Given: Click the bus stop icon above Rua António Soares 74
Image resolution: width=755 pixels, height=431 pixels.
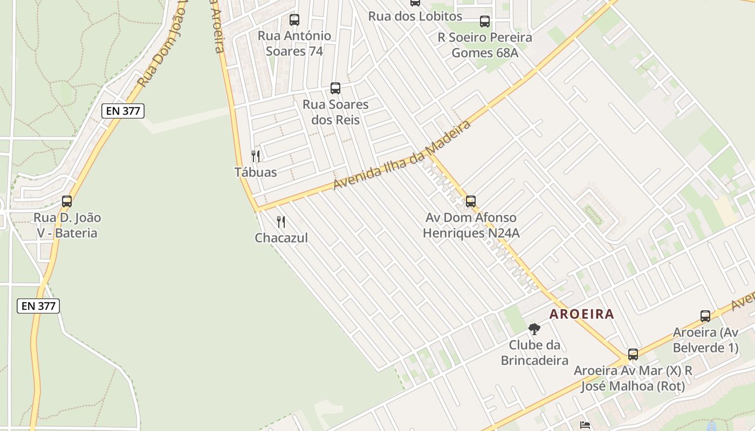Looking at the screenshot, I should [x=294, y=20].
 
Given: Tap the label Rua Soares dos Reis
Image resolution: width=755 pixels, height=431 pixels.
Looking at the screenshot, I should [x=335, y=112].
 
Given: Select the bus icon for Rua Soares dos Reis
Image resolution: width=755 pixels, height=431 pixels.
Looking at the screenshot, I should [x=335, y=88].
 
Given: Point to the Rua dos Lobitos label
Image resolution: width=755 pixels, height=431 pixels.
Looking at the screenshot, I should [x=415, y=16].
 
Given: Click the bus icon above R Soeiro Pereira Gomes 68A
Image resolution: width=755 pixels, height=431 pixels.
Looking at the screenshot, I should [x=485, y=22].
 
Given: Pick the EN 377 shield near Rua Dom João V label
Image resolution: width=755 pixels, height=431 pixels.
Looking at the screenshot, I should [x=123, y=112].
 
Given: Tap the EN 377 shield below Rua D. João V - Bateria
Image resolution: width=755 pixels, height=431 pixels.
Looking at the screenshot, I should [x=38, y=306].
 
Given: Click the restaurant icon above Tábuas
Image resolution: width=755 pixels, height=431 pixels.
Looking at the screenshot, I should [x=256, y=156].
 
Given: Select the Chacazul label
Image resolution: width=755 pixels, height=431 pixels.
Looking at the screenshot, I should [x=281, y=238].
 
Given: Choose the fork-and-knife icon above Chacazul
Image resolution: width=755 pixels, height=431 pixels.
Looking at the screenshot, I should [x=281, y=221].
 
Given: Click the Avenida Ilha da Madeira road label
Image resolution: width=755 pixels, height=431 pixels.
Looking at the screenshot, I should [x=402, y=155].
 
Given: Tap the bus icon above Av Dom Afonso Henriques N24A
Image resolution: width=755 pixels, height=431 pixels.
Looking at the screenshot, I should [x=471, y=201].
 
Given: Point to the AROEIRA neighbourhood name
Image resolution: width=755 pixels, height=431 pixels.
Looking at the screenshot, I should [x=581, y=314].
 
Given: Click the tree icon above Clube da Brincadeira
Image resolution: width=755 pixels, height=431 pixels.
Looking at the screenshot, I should [x=534, y=329].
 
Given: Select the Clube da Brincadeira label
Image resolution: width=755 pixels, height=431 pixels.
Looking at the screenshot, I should [x=534, y=352].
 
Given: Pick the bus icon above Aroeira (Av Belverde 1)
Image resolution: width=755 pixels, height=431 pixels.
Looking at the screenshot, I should [x=705, y=316].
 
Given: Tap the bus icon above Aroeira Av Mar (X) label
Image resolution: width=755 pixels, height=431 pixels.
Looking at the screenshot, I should [x=633, y=354].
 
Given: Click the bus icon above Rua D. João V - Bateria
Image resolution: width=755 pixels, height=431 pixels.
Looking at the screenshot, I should [x=67, y=201].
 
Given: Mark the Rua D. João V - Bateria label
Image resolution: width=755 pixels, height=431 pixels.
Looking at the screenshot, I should [x=67, y=225].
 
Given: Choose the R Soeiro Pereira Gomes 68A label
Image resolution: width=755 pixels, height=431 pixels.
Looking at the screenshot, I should [x=484, y=45].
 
